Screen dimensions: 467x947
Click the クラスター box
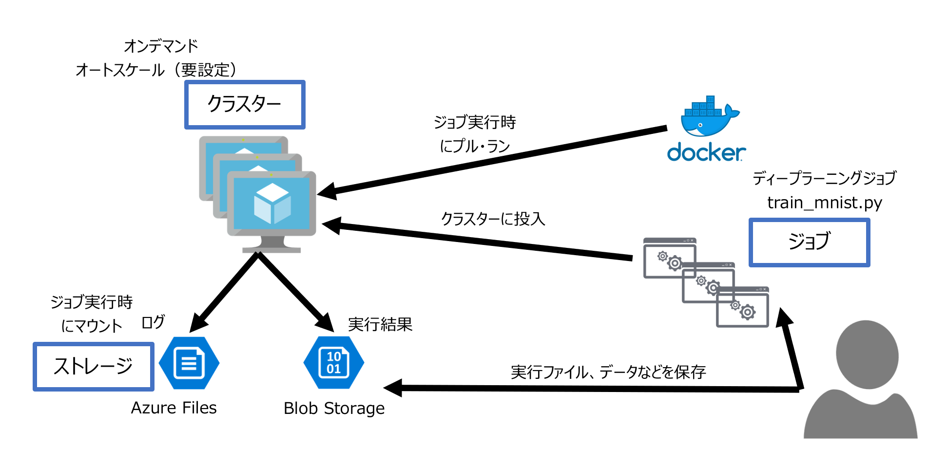click(x=245, y=105)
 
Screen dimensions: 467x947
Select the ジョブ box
click(x=809, y=242)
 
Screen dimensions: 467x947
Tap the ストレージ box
click(x=93, y=366)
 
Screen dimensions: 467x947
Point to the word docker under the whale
click(x=706, y=152)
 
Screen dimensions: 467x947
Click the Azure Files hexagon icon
click(x=189, y=363)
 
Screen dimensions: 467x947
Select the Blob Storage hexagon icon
click(x=334, y=363)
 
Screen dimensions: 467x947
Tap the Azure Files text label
click(x=174, y=408)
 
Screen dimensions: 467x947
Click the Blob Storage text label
click(x=334, y=408)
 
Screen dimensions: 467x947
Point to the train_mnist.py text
click(x=824, y=202)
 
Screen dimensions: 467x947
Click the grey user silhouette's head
click(x=867, y=354)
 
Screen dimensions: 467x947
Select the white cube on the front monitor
click(x=272, y=203)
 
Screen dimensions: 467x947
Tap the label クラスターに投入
click(x=493, y=219)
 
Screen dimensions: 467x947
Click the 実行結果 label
click(x=380, y=324)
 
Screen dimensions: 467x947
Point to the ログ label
click(x=153, y=322)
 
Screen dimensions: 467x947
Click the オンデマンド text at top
click(x=161, y=46)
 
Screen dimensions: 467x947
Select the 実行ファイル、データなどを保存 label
click(x=608, y=372)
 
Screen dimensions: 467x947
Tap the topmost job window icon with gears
click(x=669, y=258)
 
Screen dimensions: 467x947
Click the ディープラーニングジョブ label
click(x=824, y=178)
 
